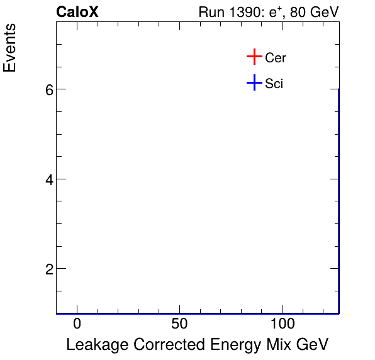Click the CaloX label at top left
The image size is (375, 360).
tap(77, 12)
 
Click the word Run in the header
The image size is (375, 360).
tap(210, 12)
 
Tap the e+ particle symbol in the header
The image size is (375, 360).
tap(274, 11)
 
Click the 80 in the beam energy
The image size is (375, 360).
tap(298, 12)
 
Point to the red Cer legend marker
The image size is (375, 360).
tap(254, 57)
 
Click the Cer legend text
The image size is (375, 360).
tap(276, 58)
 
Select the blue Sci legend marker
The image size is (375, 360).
tap(254, 83)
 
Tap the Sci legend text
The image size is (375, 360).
tap(274, 84)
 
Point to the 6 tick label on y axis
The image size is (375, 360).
tap(47, 90)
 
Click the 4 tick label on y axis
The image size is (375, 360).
tap(47, 179)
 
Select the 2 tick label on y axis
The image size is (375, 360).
tap(47, 269)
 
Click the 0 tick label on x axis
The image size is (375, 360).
tap(77, 325)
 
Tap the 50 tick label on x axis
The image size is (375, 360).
tap(179, 325)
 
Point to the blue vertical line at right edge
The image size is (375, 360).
tap(339, 201)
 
